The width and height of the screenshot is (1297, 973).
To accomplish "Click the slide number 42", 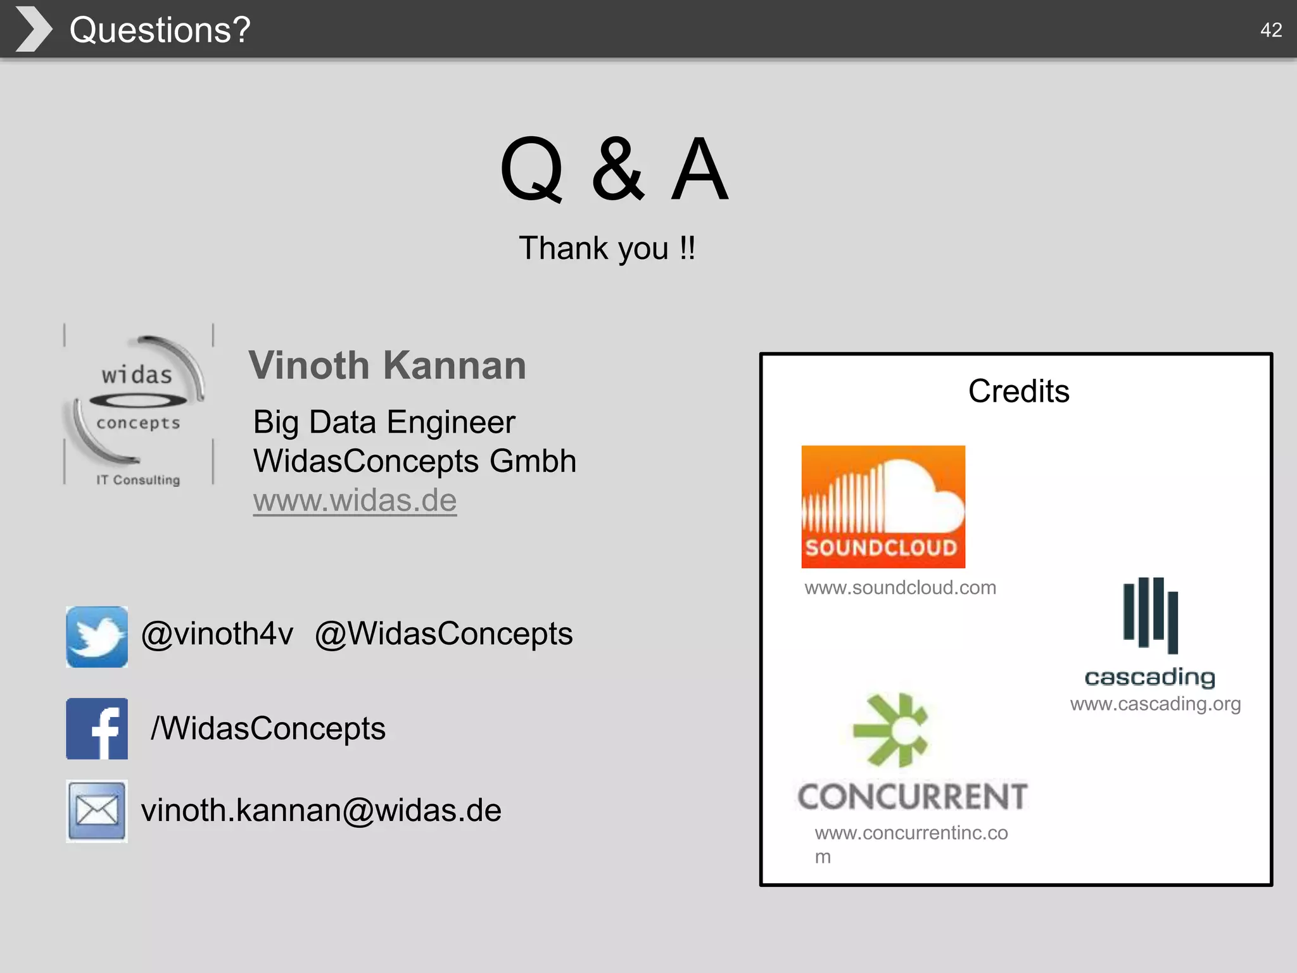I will click(1270, 30).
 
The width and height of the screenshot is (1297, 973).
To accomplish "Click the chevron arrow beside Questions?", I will click(34, 29).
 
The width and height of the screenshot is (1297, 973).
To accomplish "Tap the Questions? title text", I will click(160, 30).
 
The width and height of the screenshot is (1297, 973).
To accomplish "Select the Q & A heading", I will click(614, 169).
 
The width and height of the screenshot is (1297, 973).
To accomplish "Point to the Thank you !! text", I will click(607, 248).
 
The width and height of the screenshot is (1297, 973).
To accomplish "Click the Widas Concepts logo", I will click(138, 405).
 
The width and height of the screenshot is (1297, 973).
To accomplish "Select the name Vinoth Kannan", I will click(387, 366).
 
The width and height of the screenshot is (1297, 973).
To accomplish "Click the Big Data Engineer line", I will click(384, 422).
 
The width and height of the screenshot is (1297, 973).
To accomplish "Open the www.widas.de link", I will click(355, 500).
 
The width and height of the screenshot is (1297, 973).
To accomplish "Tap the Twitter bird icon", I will click(97, 637).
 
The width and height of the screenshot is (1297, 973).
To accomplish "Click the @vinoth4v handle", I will click(217, 633).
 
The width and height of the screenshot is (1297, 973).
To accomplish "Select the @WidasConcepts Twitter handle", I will click(443, 633).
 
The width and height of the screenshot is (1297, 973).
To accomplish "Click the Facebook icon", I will click(97, 728).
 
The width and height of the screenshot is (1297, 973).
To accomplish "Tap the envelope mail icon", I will click(97, 811).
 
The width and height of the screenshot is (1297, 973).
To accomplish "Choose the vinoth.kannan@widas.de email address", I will click(321, 810).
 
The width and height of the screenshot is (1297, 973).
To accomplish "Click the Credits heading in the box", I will click(1018, 391).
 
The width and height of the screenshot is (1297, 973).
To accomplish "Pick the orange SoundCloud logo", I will click(883, 506).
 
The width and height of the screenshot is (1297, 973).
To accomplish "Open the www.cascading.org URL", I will click(1155, 704).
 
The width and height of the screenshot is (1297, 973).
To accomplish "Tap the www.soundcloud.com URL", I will click(900, 588).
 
